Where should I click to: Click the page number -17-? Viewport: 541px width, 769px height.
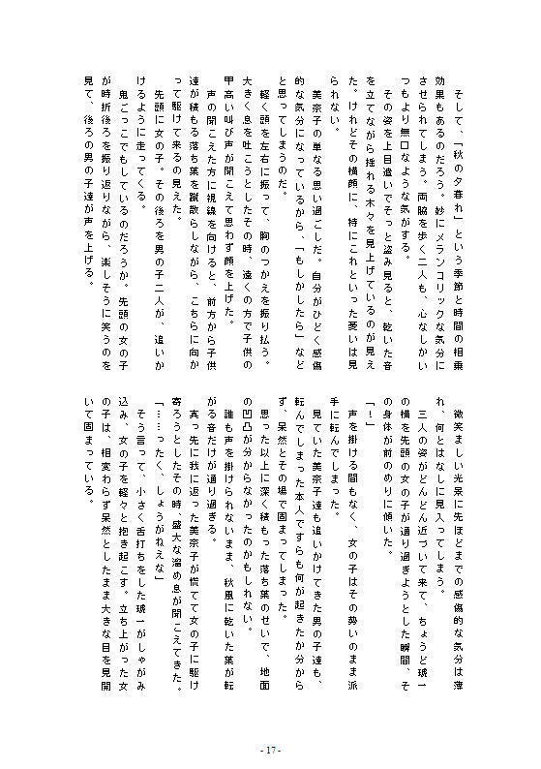[270, 749]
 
